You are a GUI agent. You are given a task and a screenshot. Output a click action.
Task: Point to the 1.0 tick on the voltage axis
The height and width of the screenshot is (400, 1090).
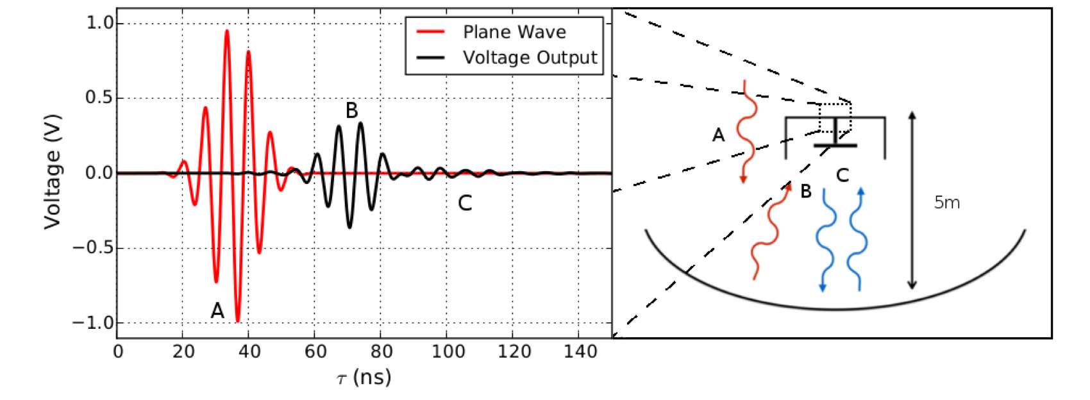(x=99, y=23)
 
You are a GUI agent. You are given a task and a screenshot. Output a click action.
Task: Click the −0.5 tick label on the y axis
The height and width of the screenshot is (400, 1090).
(x=94, y=248)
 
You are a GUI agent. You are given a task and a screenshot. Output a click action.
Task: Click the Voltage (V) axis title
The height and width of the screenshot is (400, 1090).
(x=52, y=172)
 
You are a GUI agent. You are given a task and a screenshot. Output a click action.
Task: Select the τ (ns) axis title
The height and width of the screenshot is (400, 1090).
(x=364, y=378)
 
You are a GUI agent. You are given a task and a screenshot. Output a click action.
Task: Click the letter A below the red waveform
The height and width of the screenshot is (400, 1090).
(x=217, y=311)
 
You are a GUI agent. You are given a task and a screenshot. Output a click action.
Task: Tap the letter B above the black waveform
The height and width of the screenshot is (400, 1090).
(x=351, y=110)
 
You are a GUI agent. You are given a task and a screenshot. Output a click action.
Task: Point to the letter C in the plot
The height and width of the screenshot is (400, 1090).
(x=465, y=204)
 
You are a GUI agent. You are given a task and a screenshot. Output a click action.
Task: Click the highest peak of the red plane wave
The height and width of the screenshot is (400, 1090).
(x=227, y=31)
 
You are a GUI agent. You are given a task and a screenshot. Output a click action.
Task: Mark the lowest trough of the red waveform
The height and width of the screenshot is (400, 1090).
(x=238, y=321)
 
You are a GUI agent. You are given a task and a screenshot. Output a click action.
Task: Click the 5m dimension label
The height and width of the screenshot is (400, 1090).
(x=946, y=203)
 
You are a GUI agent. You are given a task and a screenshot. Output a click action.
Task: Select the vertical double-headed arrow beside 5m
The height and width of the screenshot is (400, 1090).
(x=912, y=200)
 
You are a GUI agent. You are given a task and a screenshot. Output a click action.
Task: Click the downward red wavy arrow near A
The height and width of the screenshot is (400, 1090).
(x=745, y=131)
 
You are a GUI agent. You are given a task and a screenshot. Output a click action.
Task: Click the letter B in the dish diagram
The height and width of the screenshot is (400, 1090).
(x=805, y=191)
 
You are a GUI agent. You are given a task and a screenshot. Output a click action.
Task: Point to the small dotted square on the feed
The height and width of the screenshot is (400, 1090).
(x=835, y=117)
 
